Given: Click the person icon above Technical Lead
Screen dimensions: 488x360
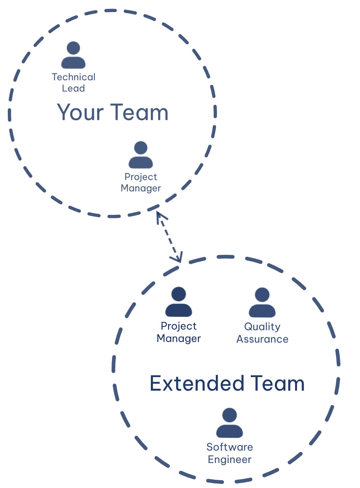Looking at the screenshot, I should (x=73, y=55).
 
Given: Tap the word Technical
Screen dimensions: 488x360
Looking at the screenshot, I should (x=73, y=77).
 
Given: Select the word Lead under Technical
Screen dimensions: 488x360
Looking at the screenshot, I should (x=73, y=88).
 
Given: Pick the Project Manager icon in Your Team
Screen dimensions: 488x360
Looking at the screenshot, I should (x=140, y=154).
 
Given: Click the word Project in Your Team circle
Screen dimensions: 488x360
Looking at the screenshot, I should (x=141, y=177).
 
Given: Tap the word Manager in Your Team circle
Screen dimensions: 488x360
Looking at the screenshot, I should (x=141, y=188).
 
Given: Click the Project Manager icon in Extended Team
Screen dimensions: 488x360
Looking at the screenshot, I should (x=178, y=302).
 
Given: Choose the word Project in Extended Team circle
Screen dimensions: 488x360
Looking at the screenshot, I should (x=179, y=326).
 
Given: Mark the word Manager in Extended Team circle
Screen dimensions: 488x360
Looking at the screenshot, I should (x=179, y=339).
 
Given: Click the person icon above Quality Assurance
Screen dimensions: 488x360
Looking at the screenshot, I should (x=262, y=302).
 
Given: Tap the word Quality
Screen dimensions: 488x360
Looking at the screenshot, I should (x=262, y=327).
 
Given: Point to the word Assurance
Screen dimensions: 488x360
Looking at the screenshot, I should (x=262, y=339).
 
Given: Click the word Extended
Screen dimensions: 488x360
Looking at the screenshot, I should (x=197, y=384).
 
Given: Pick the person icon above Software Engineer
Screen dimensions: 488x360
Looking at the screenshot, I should (x=229, y=423).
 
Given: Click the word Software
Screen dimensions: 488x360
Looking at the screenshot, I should (x=230, y=447).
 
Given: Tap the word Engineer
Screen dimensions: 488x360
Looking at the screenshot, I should (x=230, y=460).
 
